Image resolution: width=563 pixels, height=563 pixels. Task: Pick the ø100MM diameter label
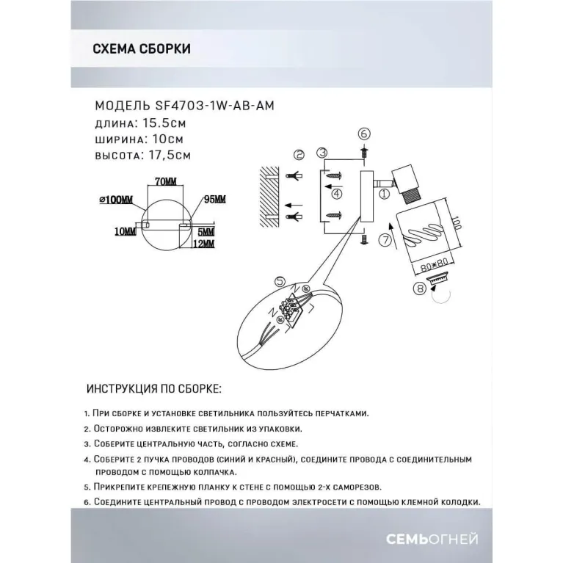116,200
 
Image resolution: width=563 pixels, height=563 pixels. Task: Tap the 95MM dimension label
215,200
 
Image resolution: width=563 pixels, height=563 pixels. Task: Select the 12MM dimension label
206,243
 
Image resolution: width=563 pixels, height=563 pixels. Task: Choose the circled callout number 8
418,288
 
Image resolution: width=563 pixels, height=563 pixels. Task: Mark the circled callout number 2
298,155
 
